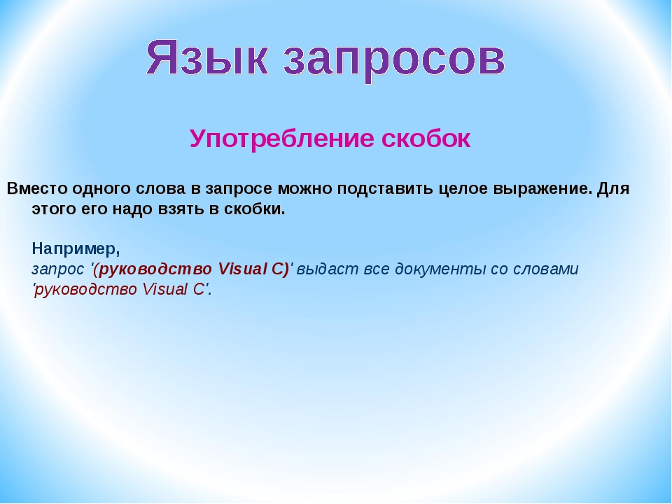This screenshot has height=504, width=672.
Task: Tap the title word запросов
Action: pyautogui.click(x=395, y=60)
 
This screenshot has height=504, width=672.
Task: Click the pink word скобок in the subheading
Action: pyautogui.click(x=426, y=139)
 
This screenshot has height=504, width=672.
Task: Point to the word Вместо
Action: pyautogui.click(x=37, y=188)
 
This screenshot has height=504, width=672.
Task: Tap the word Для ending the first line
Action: pyautogui.click(x=613, y=188)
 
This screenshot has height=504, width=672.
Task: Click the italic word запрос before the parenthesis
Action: pyautogui.click(x=58, y=269)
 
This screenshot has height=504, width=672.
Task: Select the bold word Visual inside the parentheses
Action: pyautogui.click(x=243, y=269)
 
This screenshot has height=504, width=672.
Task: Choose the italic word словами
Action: pyautogui.click(x=545, y=269)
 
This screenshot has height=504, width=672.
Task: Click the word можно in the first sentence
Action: pyautogui.click(x=305, y=188)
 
